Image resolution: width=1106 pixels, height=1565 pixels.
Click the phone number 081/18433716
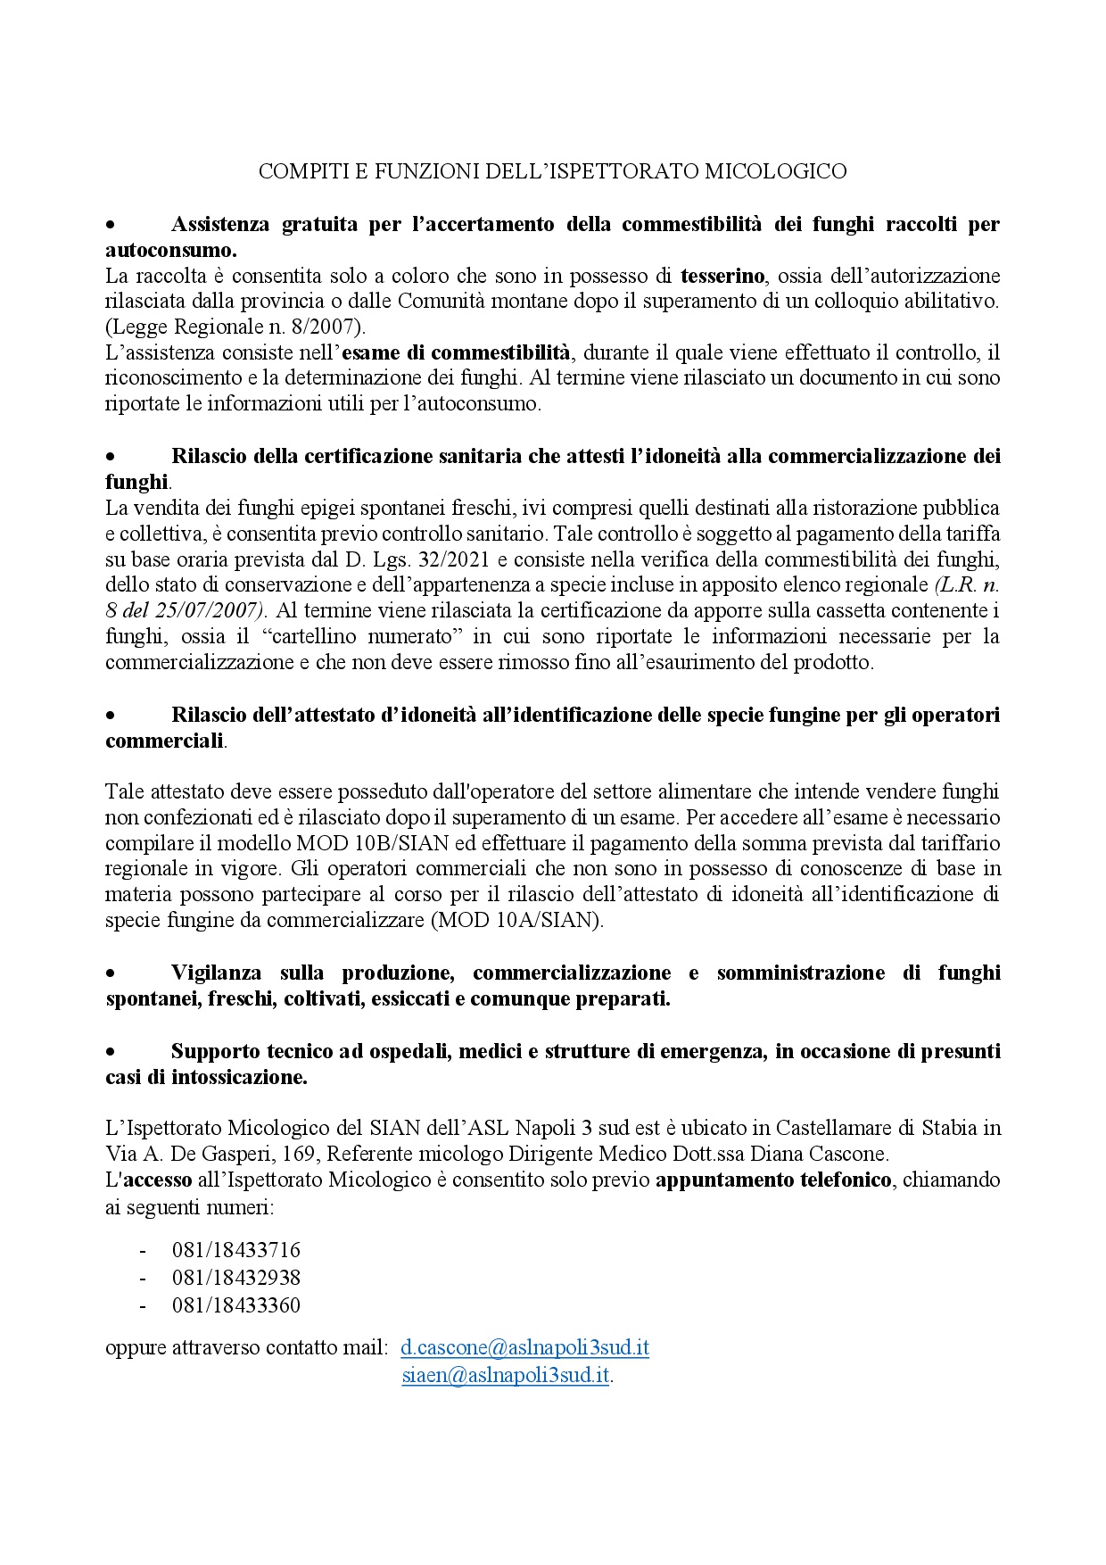click(235, 1250)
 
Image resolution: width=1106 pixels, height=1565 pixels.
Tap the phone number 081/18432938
click(235, 1278)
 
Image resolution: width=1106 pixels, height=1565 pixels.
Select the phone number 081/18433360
click(235, 1305)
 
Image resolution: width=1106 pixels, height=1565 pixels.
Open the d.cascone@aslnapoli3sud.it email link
click(524, 1347)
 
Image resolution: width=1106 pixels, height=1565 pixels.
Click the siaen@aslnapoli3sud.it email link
click(505, 1375)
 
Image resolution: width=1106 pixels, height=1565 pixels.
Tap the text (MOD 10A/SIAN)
click(517, 921)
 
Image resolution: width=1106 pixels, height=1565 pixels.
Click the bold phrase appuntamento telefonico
click(773, 1180)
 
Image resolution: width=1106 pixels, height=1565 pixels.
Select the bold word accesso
click(158, 1180)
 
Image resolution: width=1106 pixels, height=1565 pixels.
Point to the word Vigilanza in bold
click(216, 973)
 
